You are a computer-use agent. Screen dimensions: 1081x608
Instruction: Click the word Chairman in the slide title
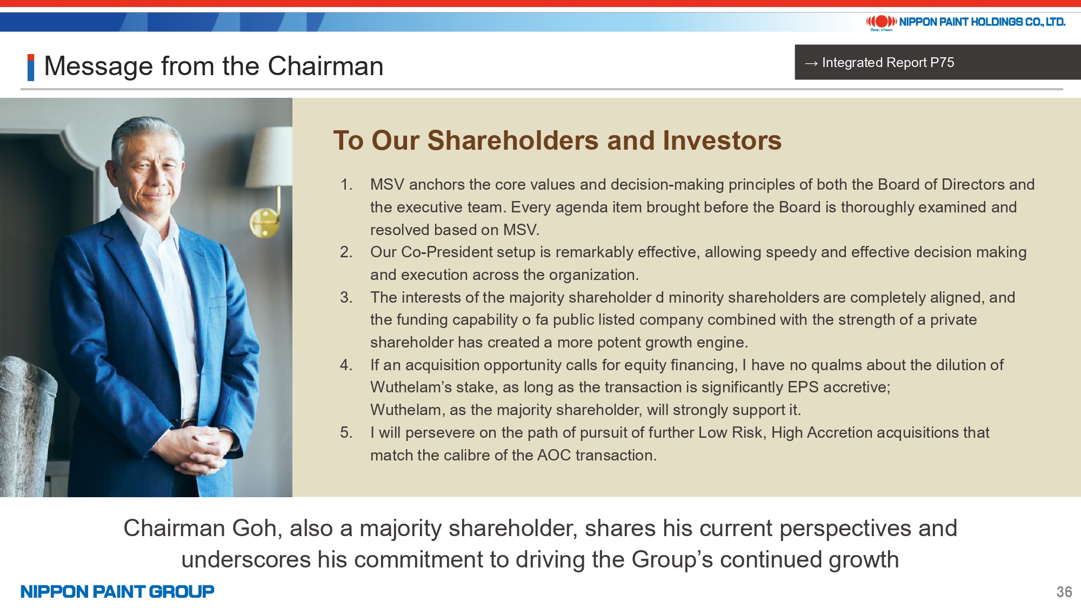click(325, 66)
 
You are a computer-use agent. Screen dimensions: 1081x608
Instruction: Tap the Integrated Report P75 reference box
click(937, 62)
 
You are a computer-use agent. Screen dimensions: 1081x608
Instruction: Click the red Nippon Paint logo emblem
click(881, 22)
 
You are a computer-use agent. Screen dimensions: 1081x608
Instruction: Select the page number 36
click(1064, 592)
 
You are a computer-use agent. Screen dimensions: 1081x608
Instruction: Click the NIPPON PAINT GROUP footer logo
click(117, 592)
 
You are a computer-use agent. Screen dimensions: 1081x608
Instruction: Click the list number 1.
click(346, 185)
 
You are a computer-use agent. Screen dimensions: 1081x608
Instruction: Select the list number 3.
click(346, 298)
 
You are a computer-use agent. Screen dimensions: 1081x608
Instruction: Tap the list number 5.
click(346, 433)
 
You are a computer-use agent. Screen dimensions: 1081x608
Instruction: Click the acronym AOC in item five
click(554, 455)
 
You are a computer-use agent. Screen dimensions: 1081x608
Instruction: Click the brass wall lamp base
click(264, 222)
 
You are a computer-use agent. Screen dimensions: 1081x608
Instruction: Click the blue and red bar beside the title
click(31, 67)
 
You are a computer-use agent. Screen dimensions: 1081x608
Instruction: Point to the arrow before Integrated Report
click(811, 63)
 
